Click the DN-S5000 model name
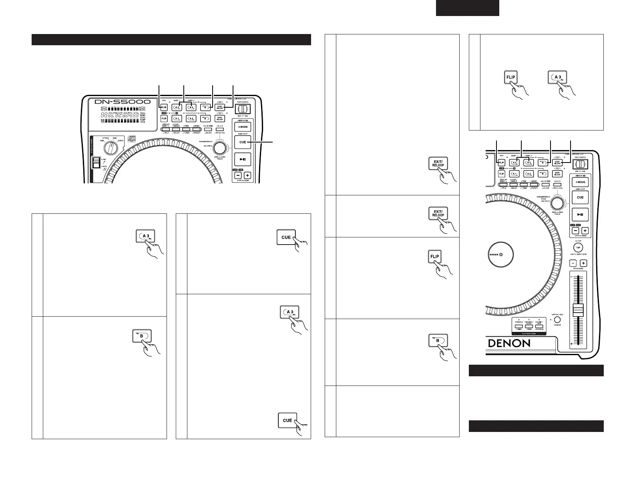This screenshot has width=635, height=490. pyautogui.click(x=123, y=102)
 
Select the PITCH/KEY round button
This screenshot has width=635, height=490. pyautogui.click(x=557, y=320)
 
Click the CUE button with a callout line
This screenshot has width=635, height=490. pyautogui.click(x=243, y=142)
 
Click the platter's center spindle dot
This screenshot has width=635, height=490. pyautogui.click(x=501, y=254)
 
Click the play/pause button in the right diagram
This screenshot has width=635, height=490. pyautogui.click(x=580, y=215)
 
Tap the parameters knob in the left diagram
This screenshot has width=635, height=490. pyautogui.click(x=219, y=148)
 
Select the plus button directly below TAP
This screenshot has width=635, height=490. pyautogui.click(x=584, y=263)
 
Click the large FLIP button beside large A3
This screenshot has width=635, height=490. pyautogui.click(x=511, y=78)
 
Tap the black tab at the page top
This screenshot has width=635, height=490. pyautogui.click(x=467, y=8)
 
